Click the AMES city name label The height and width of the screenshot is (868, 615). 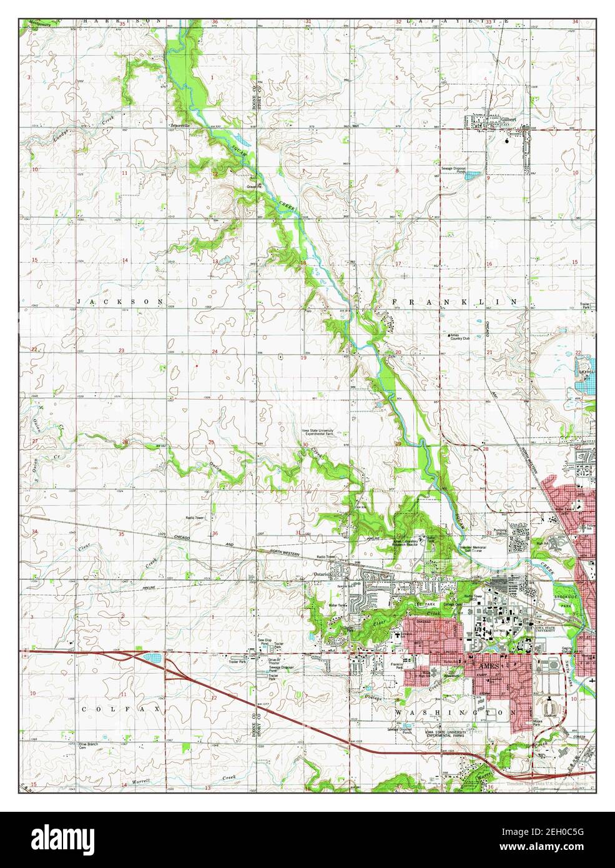pos(489,668)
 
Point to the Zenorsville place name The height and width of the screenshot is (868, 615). pos(179,125)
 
